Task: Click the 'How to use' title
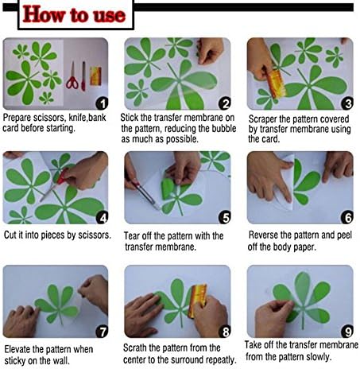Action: pos(74,14)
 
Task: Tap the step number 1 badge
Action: pos(103,103)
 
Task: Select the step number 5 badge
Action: pos(225,218)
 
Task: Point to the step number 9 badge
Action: pos(347,332)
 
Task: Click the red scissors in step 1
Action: pos(72,76)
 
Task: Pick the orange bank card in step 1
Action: pos(95,76)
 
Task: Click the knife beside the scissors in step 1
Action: pos(83,76)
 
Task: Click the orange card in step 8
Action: pos(197,300)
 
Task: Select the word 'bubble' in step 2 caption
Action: pos(223,129)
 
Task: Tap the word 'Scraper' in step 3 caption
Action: pos(262,119)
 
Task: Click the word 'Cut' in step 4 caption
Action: pos(10,235)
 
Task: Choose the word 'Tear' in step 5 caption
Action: pos(132,235)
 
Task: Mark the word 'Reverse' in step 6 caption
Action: pos(263,235)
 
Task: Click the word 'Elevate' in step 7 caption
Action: pos(17,349)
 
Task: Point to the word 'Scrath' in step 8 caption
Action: pos(135,348)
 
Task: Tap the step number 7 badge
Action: pos(102,332)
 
